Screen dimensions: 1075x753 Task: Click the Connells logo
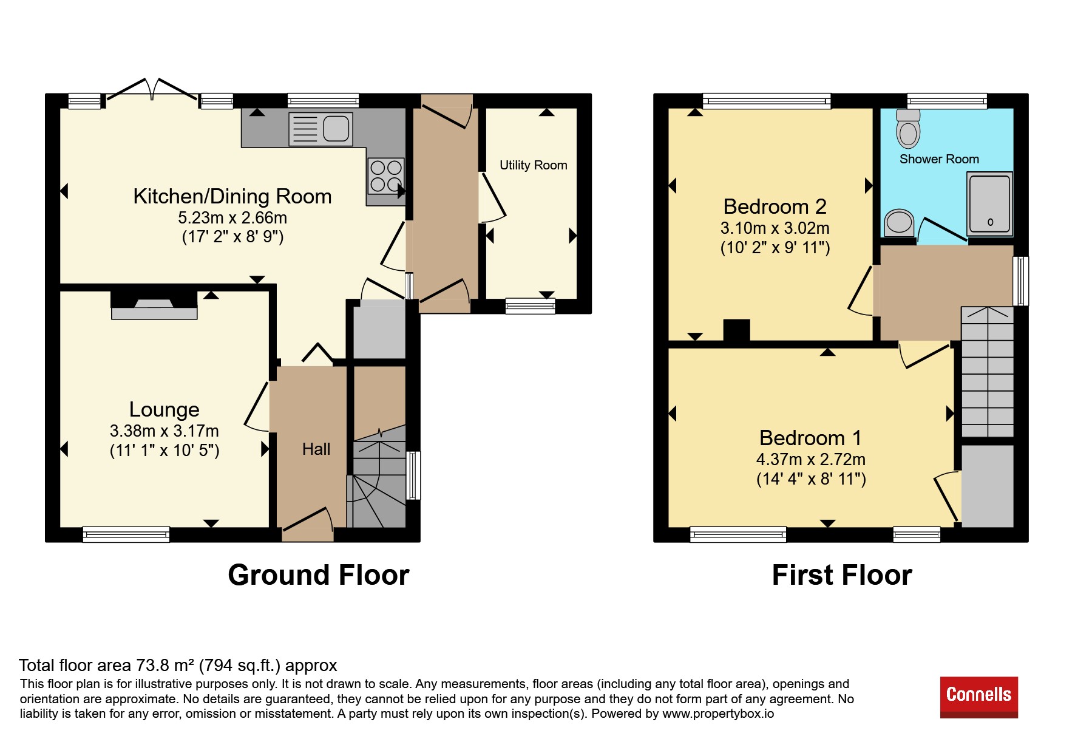[x=978, y=697]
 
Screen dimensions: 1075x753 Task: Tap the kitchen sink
[x=320, y=129]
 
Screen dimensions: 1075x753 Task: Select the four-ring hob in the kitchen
[x=386, y=175]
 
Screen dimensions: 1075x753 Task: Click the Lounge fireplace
[x=154, y=305]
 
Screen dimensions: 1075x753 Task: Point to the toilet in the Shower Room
[x=908, y=129]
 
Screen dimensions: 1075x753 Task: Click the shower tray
[x=990, y=204]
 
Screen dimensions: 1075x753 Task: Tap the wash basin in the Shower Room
[x=900, y=223]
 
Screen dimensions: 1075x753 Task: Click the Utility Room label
[x=534, y=165]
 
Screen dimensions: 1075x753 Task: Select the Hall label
[x=316, y=449]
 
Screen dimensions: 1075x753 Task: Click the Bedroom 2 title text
[x=775, y=206]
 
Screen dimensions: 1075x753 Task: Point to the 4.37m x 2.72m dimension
[x=811, y=460]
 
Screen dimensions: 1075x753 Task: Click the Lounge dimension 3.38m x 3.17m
[x=164, y=431]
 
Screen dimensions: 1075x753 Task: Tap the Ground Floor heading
[x=319, y=575]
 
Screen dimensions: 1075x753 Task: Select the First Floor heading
[x=842, y=575]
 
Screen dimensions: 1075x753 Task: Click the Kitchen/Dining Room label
[x=232, y=196]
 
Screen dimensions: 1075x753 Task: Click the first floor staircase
[x=988, y=372]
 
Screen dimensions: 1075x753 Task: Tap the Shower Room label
[x=939, y=159]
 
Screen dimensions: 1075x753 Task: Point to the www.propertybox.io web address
[x=718, y=714]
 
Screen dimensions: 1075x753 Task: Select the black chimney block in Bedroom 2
[x=737, y=330]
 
